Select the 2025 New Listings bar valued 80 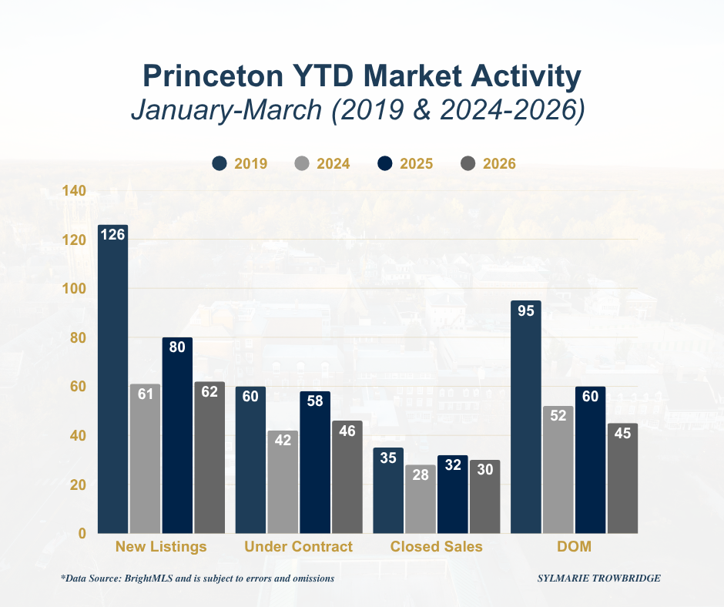[177, 435]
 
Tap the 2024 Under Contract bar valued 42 [283, 482]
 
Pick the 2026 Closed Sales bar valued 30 [485, 497]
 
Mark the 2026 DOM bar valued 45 [622, 478]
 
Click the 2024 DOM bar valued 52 [558, 470]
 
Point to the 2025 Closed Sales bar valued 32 [453, 495]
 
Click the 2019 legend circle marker [220, 163]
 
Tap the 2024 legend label [334, 163]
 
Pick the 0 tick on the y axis [81, 533]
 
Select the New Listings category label [161, 547]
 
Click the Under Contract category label [298, 547]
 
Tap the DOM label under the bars [575, 547]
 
